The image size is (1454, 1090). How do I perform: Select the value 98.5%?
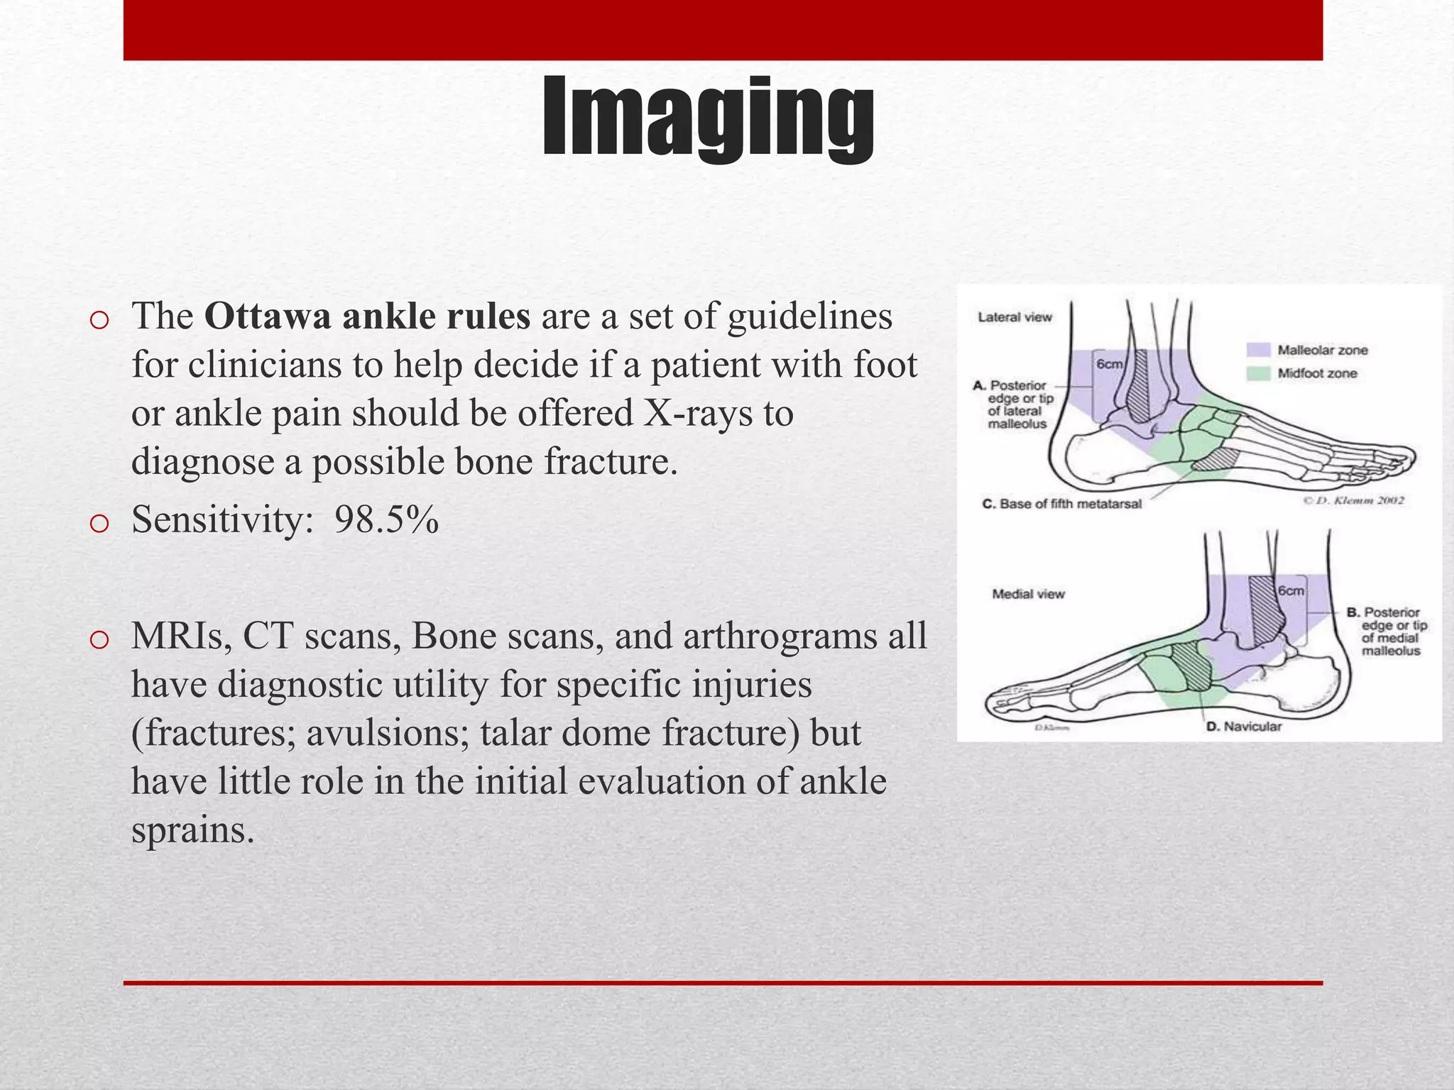point(386,520)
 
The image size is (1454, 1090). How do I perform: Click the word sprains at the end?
point(192,830)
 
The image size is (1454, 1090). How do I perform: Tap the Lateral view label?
point(1015,317)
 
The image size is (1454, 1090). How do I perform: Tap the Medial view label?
point(1028,594)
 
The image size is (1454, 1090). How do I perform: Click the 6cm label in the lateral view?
point(1109,364)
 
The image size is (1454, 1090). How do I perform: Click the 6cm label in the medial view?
point(1291,590)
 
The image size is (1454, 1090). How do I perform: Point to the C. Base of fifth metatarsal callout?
point(1061,504)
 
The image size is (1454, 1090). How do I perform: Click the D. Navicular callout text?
point(1244,727)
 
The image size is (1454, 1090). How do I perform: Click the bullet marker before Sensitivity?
point(99,524)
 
